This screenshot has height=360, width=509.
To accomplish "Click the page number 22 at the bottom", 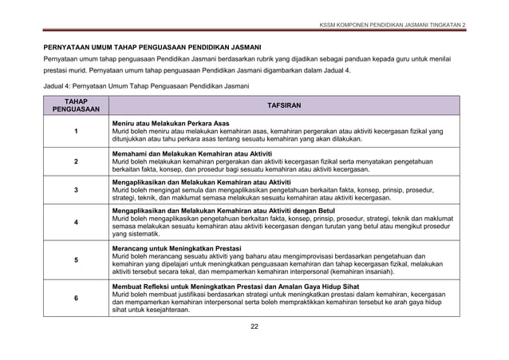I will click(x=254, y=326).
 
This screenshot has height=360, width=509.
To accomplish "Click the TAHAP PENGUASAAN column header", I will click(x=76, y=106).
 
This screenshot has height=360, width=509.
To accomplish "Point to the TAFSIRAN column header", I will click(x=284, y=106).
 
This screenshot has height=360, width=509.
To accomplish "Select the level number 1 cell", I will click(x=76, y=132).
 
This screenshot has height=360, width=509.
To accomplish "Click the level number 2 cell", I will click(x=76, y=161).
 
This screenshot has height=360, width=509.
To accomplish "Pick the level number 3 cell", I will click(x=76, y=191).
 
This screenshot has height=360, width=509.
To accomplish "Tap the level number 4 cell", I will click(x=76, y=223).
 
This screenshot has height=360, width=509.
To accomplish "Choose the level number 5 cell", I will click(x=76, y=260).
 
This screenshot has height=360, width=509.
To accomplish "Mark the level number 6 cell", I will click(x=76, y=298).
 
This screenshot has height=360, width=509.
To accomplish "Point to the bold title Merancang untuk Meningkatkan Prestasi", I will click(x=176, y=248).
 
